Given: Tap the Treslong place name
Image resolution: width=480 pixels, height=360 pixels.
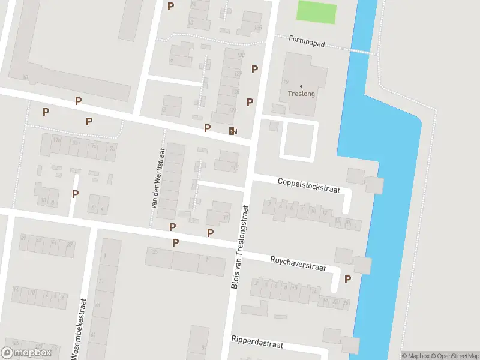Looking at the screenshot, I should tap(301, 94).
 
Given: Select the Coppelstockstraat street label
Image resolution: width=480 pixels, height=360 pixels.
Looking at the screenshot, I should tap(308, 185).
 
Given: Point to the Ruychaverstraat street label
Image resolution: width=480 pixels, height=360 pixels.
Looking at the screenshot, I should tap(298, 264).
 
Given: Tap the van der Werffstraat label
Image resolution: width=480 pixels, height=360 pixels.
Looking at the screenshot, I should tap(157, 178).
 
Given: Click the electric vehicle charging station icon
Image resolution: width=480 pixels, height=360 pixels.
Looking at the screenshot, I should tap(232, 131).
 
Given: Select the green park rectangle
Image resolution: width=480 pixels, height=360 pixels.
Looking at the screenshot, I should tap(317, 13).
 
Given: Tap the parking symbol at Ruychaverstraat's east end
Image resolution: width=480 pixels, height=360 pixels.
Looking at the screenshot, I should tap(347, 279).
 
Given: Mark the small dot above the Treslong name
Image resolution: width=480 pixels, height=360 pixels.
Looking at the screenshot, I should tap(301, 86).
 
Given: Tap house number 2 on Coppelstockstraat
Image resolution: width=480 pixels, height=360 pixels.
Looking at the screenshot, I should tap(269, 205).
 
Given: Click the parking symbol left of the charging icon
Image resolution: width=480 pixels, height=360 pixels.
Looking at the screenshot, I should tap(207, 128).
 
